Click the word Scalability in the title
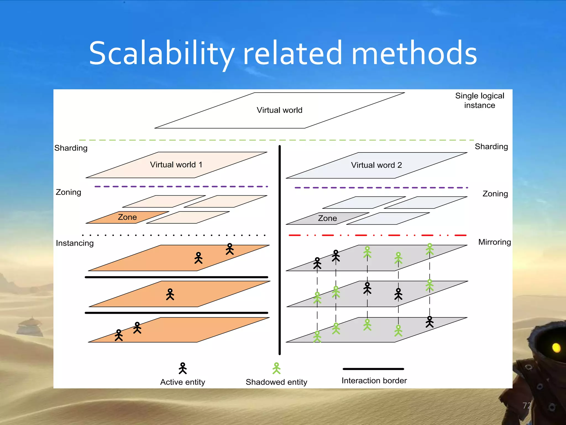click(162, 54)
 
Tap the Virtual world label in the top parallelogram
click(279, 110)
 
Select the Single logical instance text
click(479, 100)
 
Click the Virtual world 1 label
click(176, 165)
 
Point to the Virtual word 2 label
click(376, 165)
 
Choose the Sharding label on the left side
click(71, 148)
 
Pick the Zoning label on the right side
click(495, 194)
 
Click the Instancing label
click(75, 243)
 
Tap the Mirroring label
click(494, 242)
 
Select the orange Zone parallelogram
click(127, 217)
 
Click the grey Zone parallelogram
click(327, 218)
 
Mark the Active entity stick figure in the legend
click(183, 368)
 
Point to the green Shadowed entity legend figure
click(276, 368)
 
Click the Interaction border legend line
click(373, 369)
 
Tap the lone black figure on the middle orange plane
click(170, 294)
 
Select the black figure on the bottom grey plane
click(429, 322)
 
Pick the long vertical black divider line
click(279, 249)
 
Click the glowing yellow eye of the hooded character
click(556, 348)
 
